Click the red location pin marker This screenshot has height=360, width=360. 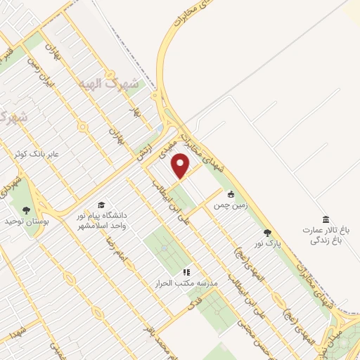pyautogui.click(x=181, y=166)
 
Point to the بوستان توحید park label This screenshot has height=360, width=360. pyautogui.click(x=26, y=222)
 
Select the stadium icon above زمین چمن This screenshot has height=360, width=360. pyautogui.click(x=230, y=193)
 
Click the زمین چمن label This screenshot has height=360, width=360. pyautogui.click(x=230, y=207)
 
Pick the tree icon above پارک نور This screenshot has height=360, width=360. pyautogui.click(x=266, y=232)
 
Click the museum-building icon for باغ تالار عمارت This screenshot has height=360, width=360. pyautogui.click(x=325, y=219)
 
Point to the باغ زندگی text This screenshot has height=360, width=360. pyautogui.click(x=326, y=240)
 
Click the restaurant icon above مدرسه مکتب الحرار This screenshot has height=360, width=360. pyautogui.click(x=186, y=271)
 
